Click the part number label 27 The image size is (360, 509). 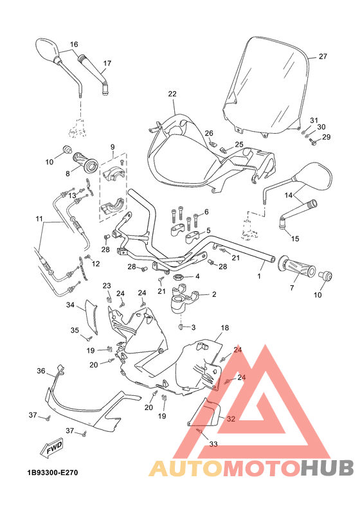[x=323, y=57]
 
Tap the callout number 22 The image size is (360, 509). [x=172, y=94]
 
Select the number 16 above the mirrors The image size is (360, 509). [x=74, y=44]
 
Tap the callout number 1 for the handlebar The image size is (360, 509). [x=260, y=276]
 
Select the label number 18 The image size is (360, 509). [x=225, y=328]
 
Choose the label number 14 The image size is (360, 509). [x=289, y=195]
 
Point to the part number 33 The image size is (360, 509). [x=213, y=443]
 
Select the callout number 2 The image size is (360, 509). [x=213, y=295]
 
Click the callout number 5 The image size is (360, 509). [x=208, y=231]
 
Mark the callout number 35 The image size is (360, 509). [x=75, y=330]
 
